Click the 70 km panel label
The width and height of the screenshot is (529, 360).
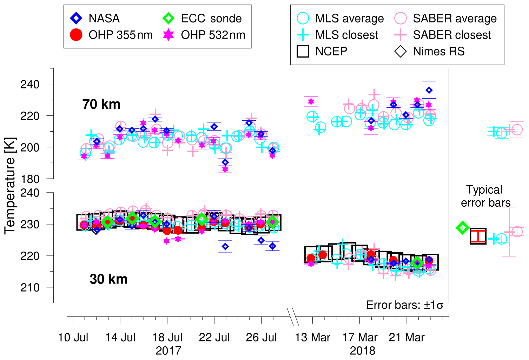[x=101, y=104]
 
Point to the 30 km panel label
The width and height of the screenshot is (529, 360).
[x=108, y=279]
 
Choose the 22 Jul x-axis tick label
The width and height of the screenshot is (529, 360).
[x=214, y=338]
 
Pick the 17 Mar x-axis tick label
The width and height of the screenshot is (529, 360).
[x=359, y=338]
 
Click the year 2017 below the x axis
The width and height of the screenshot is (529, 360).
[x=168, y=351]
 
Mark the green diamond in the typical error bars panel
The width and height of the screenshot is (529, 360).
[x=463, y=227]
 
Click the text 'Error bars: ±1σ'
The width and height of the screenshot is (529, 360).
[x=404, y=305]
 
